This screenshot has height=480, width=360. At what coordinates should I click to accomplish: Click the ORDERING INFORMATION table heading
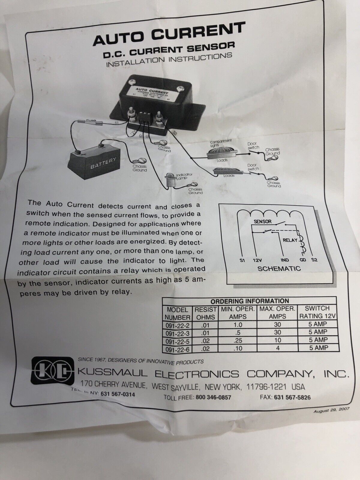250,301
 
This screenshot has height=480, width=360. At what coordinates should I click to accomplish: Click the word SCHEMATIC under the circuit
279,268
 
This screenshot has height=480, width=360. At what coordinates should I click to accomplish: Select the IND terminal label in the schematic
285,260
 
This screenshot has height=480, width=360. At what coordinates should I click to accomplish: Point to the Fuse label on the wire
90,121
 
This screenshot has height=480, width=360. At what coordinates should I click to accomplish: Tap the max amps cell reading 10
277,340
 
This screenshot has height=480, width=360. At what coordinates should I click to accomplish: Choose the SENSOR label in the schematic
263,222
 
